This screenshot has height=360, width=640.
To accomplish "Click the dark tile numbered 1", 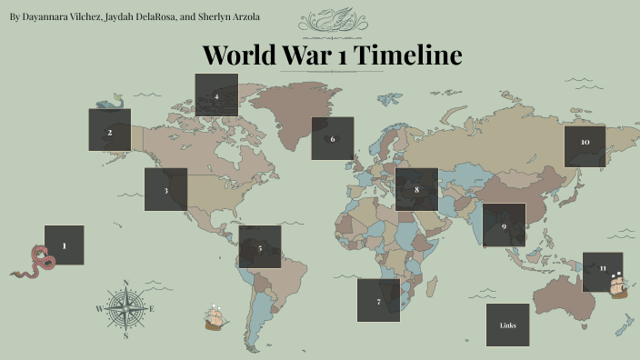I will coord(64,245).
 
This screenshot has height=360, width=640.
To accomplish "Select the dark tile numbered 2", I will coord(109,130).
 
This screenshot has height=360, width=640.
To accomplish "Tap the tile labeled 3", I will coord(165,189).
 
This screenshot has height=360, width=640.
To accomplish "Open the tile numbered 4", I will coord(216,95).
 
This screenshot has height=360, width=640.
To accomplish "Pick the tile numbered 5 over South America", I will coord(260,247).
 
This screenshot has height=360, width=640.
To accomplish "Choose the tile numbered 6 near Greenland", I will coord(333,138).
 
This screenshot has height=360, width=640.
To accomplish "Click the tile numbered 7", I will coord(378,300).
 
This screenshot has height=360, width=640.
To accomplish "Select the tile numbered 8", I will coord(416,189).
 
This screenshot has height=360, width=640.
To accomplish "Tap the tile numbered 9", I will coord(504,225).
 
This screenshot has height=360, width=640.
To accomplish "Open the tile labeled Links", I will coord(507,325).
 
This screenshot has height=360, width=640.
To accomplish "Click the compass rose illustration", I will coord(125,309).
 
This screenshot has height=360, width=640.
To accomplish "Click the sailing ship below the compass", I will coord(215,317).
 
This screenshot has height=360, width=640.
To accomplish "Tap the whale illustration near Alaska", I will coord(109,100).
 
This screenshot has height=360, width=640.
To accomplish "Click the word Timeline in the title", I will coord(407,55).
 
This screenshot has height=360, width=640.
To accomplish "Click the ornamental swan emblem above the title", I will coord(327,18).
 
